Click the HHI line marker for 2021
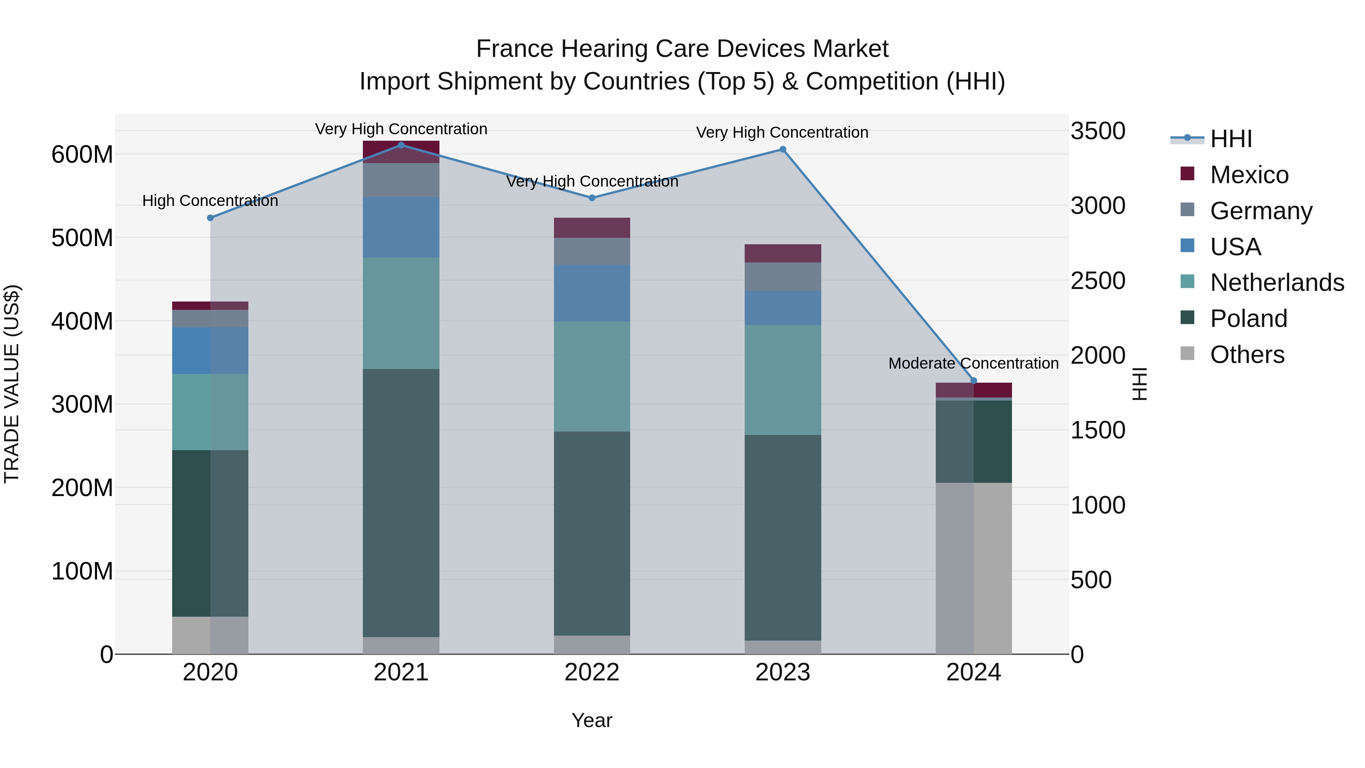[x=401, y=145]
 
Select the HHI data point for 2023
[x=783, y=149]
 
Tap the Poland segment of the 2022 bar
[x=592, y=533]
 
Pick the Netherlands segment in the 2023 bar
[x=783, y=380]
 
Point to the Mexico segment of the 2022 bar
[x=592, y=228]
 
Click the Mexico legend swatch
[x=1188, y=174]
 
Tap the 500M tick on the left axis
[x=82, y=238]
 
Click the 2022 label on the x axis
[x=592, y=672]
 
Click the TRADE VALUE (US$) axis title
[x=12, y=384]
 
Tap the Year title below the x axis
[x=592, y=720]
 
